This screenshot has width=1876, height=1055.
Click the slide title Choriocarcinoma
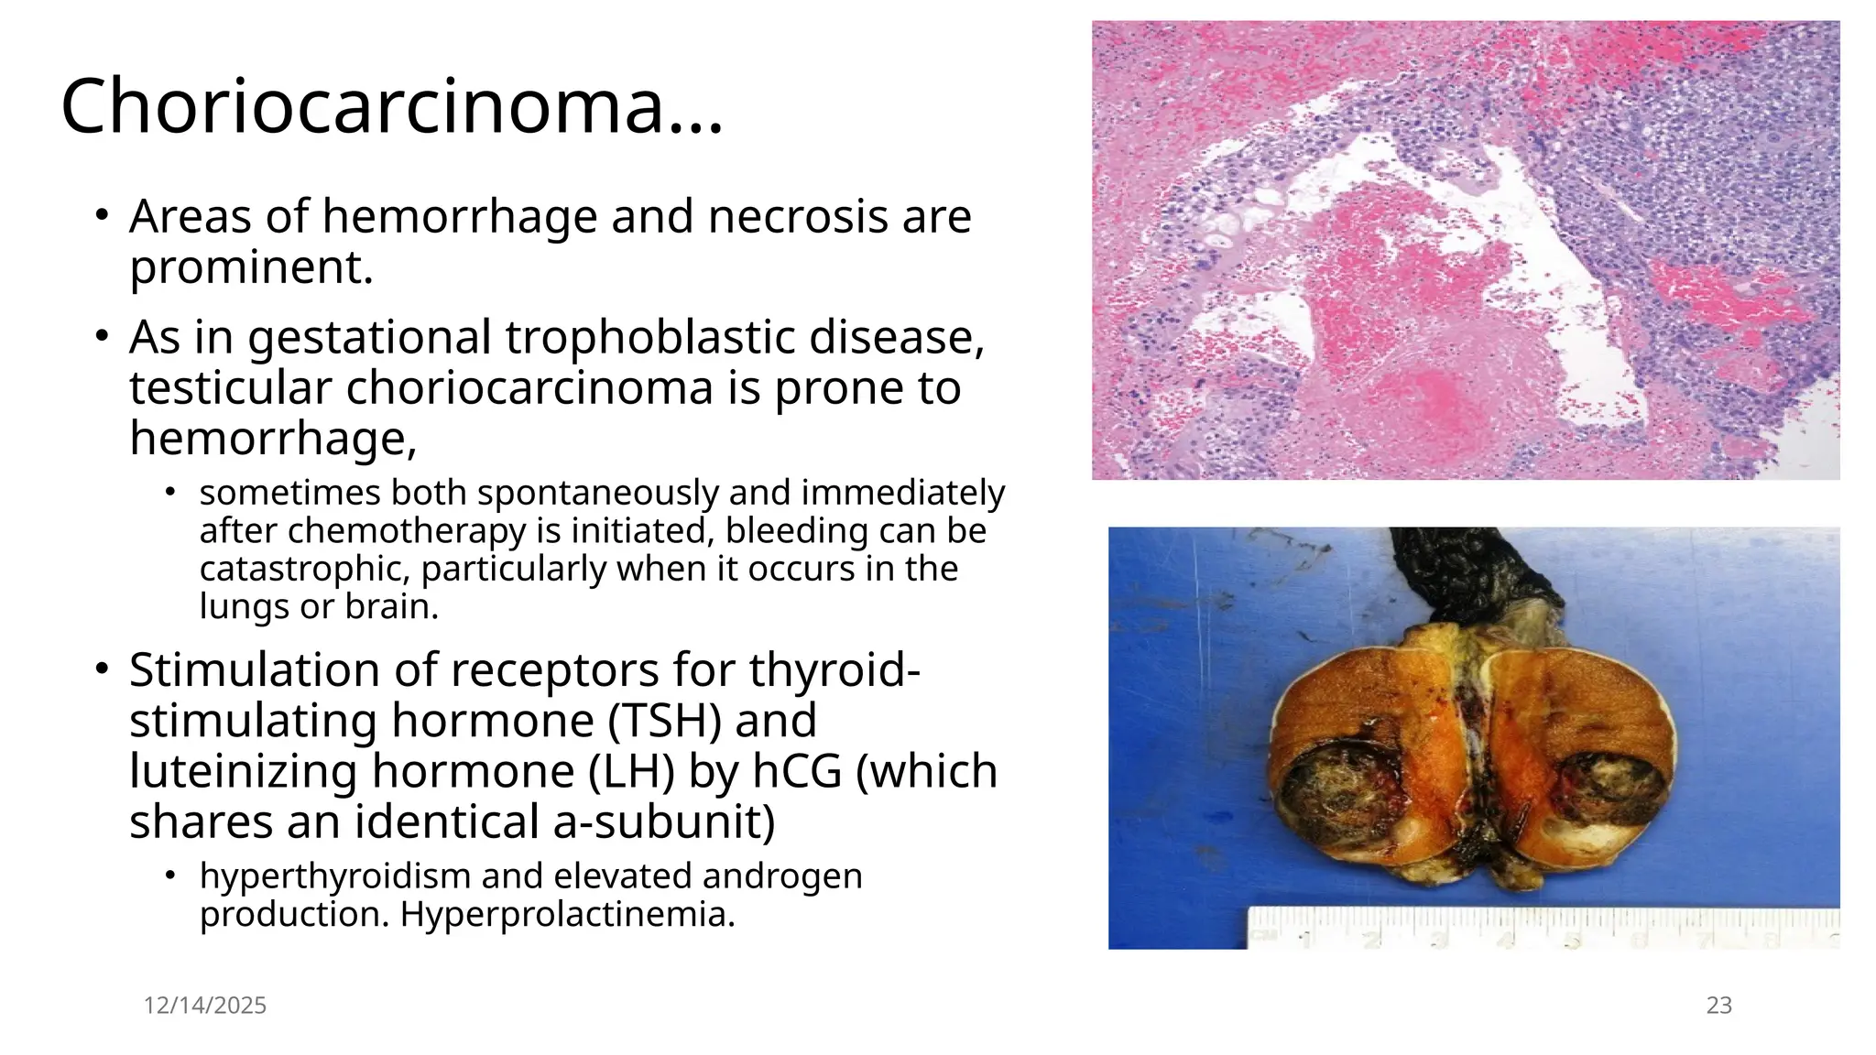coord(392,106)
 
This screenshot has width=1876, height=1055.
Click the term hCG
coord(796,771)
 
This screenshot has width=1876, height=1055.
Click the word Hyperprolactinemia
coord(567,914)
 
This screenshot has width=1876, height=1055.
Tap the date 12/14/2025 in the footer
coord(204,1006)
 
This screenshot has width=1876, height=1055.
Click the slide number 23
coord(1718,1006)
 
